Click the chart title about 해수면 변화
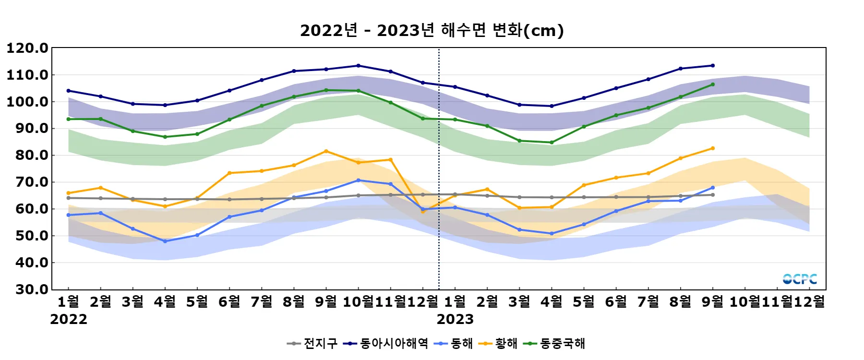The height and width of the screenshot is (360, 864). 432,31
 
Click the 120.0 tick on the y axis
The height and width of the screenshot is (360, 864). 27,48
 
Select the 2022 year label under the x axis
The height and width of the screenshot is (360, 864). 69,319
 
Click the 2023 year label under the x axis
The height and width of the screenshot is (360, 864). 455,319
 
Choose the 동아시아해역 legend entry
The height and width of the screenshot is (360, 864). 386,344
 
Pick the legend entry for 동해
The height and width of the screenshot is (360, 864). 454,344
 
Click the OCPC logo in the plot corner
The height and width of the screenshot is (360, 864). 800,279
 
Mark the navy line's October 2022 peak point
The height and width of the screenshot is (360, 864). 359,66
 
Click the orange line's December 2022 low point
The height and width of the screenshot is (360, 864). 423,211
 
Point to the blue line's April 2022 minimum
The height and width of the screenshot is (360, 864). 165,241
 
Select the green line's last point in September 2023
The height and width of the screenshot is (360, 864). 713,84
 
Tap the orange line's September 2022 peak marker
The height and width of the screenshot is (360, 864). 326,151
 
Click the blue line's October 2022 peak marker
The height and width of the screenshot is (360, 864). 359,180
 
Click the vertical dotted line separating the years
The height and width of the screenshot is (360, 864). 439,168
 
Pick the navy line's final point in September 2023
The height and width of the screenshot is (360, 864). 713,66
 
